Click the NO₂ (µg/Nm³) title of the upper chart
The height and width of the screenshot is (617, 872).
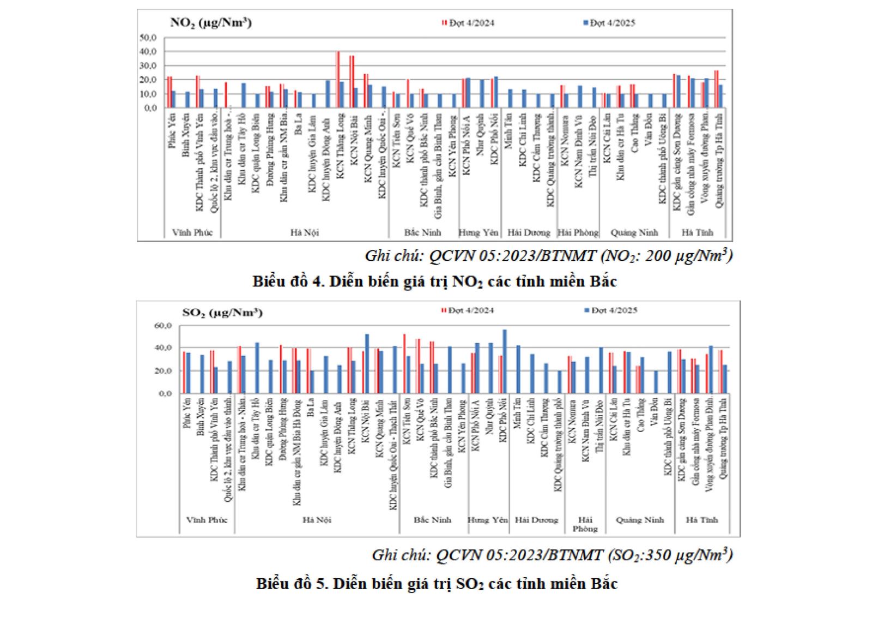210,23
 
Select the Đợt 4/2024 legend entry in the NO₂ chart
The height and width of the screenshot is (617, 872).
468,23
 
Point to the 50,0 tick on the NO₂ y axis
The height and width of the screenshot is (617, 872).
148,38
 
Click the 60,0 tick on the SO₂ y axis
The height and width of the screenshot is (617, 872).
163,326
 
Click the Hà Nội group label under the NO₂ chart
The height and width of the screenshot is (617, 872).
304,232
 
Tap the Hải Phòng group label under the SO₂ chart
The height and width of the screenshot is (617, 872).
585,524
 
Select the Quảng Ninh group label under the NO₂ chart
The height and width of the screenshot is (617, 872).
634,232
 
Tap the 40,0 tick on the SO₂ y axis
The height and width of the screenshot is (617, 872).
163,348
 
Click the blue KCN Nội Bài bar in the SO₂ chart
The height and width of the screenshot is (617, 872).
367,363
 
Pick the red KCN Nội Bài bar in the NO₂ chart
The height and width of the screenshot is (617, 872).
352,82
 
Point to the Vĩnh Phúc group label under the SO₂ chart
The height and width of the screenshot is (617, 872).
207,520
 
